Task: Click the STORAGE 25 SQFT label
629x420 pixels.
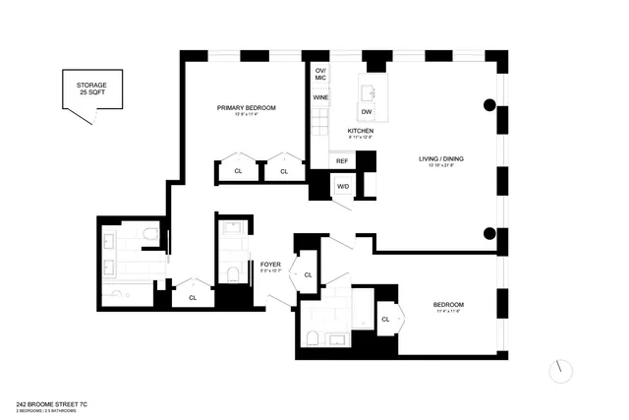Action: coord(91,91)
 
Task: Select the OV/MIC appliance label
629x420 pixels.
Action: coord(320,75)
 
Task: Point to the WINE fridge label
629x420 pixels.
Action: coord(320,97)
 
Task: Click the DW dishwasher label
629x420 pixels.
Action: coord(366,112)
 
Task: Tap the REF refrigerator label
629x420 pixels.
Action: coord(342,160)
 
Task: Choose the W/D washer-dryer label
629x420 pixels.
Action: coord(343,186)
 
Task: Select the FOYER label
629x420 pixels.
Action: coord(271,265)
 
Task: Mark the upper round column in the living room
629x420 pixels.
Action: coord(488,106)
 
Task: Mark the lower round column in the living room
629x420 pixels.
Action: coord(488,233)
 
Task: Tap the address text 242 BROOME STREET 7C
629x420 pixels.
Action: coord(56,403)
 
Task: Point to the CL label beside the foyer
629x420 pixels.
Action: coord(308,275)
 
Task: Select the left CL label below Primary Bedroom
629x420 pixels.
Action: coord(238,171)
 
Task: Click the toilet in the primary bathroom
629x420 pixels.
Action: coord(147,235)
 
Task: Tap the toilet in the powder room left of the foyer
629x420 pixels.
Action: coord(233,274)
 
